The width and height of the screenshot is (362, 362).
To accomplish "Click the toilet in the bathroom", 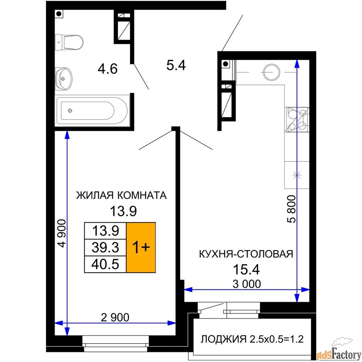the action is coord(69,42).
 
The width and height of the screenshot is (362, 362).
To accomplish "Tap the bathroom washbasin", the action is coord(64,79).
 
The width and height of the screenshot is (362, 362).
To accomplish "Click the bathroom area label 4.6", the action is coord(108,69).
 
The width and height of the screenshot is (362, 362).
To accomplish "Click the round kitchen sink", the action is coord(272,72).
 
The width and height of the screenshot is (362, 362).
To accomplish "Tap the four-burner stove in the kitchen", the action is coord(298,119).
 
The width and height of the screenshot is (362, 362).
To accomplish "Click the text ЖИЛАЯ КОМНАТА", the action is coord(121,195).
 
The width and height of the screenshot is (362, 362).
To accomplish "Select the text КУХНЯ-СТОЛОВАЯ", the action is coord(246,254).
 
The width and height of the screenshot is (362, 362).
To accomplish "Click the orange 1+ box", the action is coord(141,248).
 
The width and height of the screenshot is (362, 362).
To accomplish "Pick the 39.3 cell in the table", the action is coord(105,248).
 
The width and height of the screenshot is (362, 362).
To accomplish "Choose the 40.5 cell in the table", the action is coord(105,264).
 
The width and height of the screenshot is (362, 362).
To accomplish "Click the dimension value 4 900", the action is coord(62,233).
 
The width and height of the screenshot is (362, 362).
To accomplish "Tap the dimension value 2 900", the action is coord(115,317).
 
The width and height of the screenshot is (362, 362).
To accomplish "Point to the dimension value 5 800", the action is coord(291,209).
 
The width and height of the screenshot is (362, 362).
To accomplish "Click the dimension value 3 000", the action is coord(247,284).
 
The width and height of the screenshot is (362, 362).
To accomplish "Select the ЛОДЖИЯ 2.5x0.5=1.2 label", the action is coord(252,340).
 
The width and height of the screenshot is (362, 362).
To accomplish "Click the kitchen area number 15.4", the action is coord(246,269).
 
